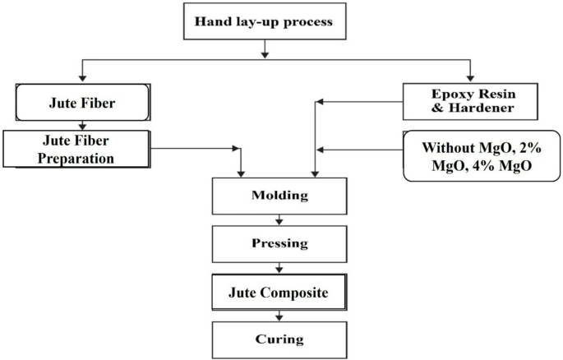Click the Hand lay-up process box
(x=263, y=22)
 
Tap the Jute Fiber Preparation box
(x=77, y=149)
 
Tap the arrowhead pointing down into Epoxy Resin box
(x=471, y=80)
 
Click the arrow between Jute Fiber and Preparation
(x=83, y=126)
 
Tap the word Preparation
(x=77, y=158)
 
